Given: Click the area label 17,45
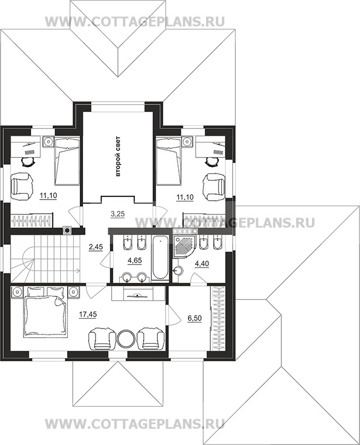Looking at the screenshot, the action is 87,314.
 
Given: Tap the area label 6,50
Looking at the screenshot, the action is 194,318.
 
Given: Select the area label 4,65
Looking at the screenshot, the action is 134,261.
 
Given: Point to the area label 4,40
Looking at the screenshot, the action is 202,264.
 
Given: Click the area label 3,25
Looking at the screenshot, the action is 117,214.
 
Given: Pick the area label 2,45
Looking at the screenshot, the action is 96,248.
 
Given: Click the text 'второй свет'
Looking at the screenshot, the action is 118,156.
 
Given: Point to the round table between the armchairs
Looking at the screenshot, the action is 126,338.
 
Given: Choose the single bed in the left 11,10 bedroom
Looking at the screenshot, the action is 67,161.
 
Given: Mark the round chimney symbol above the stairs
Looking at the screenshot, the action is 67,231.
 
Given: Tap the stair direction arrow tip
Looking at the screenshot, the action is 79,271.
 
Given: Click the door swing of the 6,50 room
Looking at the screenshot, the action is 174,315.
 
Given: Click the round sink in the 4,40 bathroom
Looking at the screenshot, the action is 178,271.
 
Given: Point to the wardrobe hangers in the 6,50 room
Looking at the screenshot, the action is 218,318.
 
